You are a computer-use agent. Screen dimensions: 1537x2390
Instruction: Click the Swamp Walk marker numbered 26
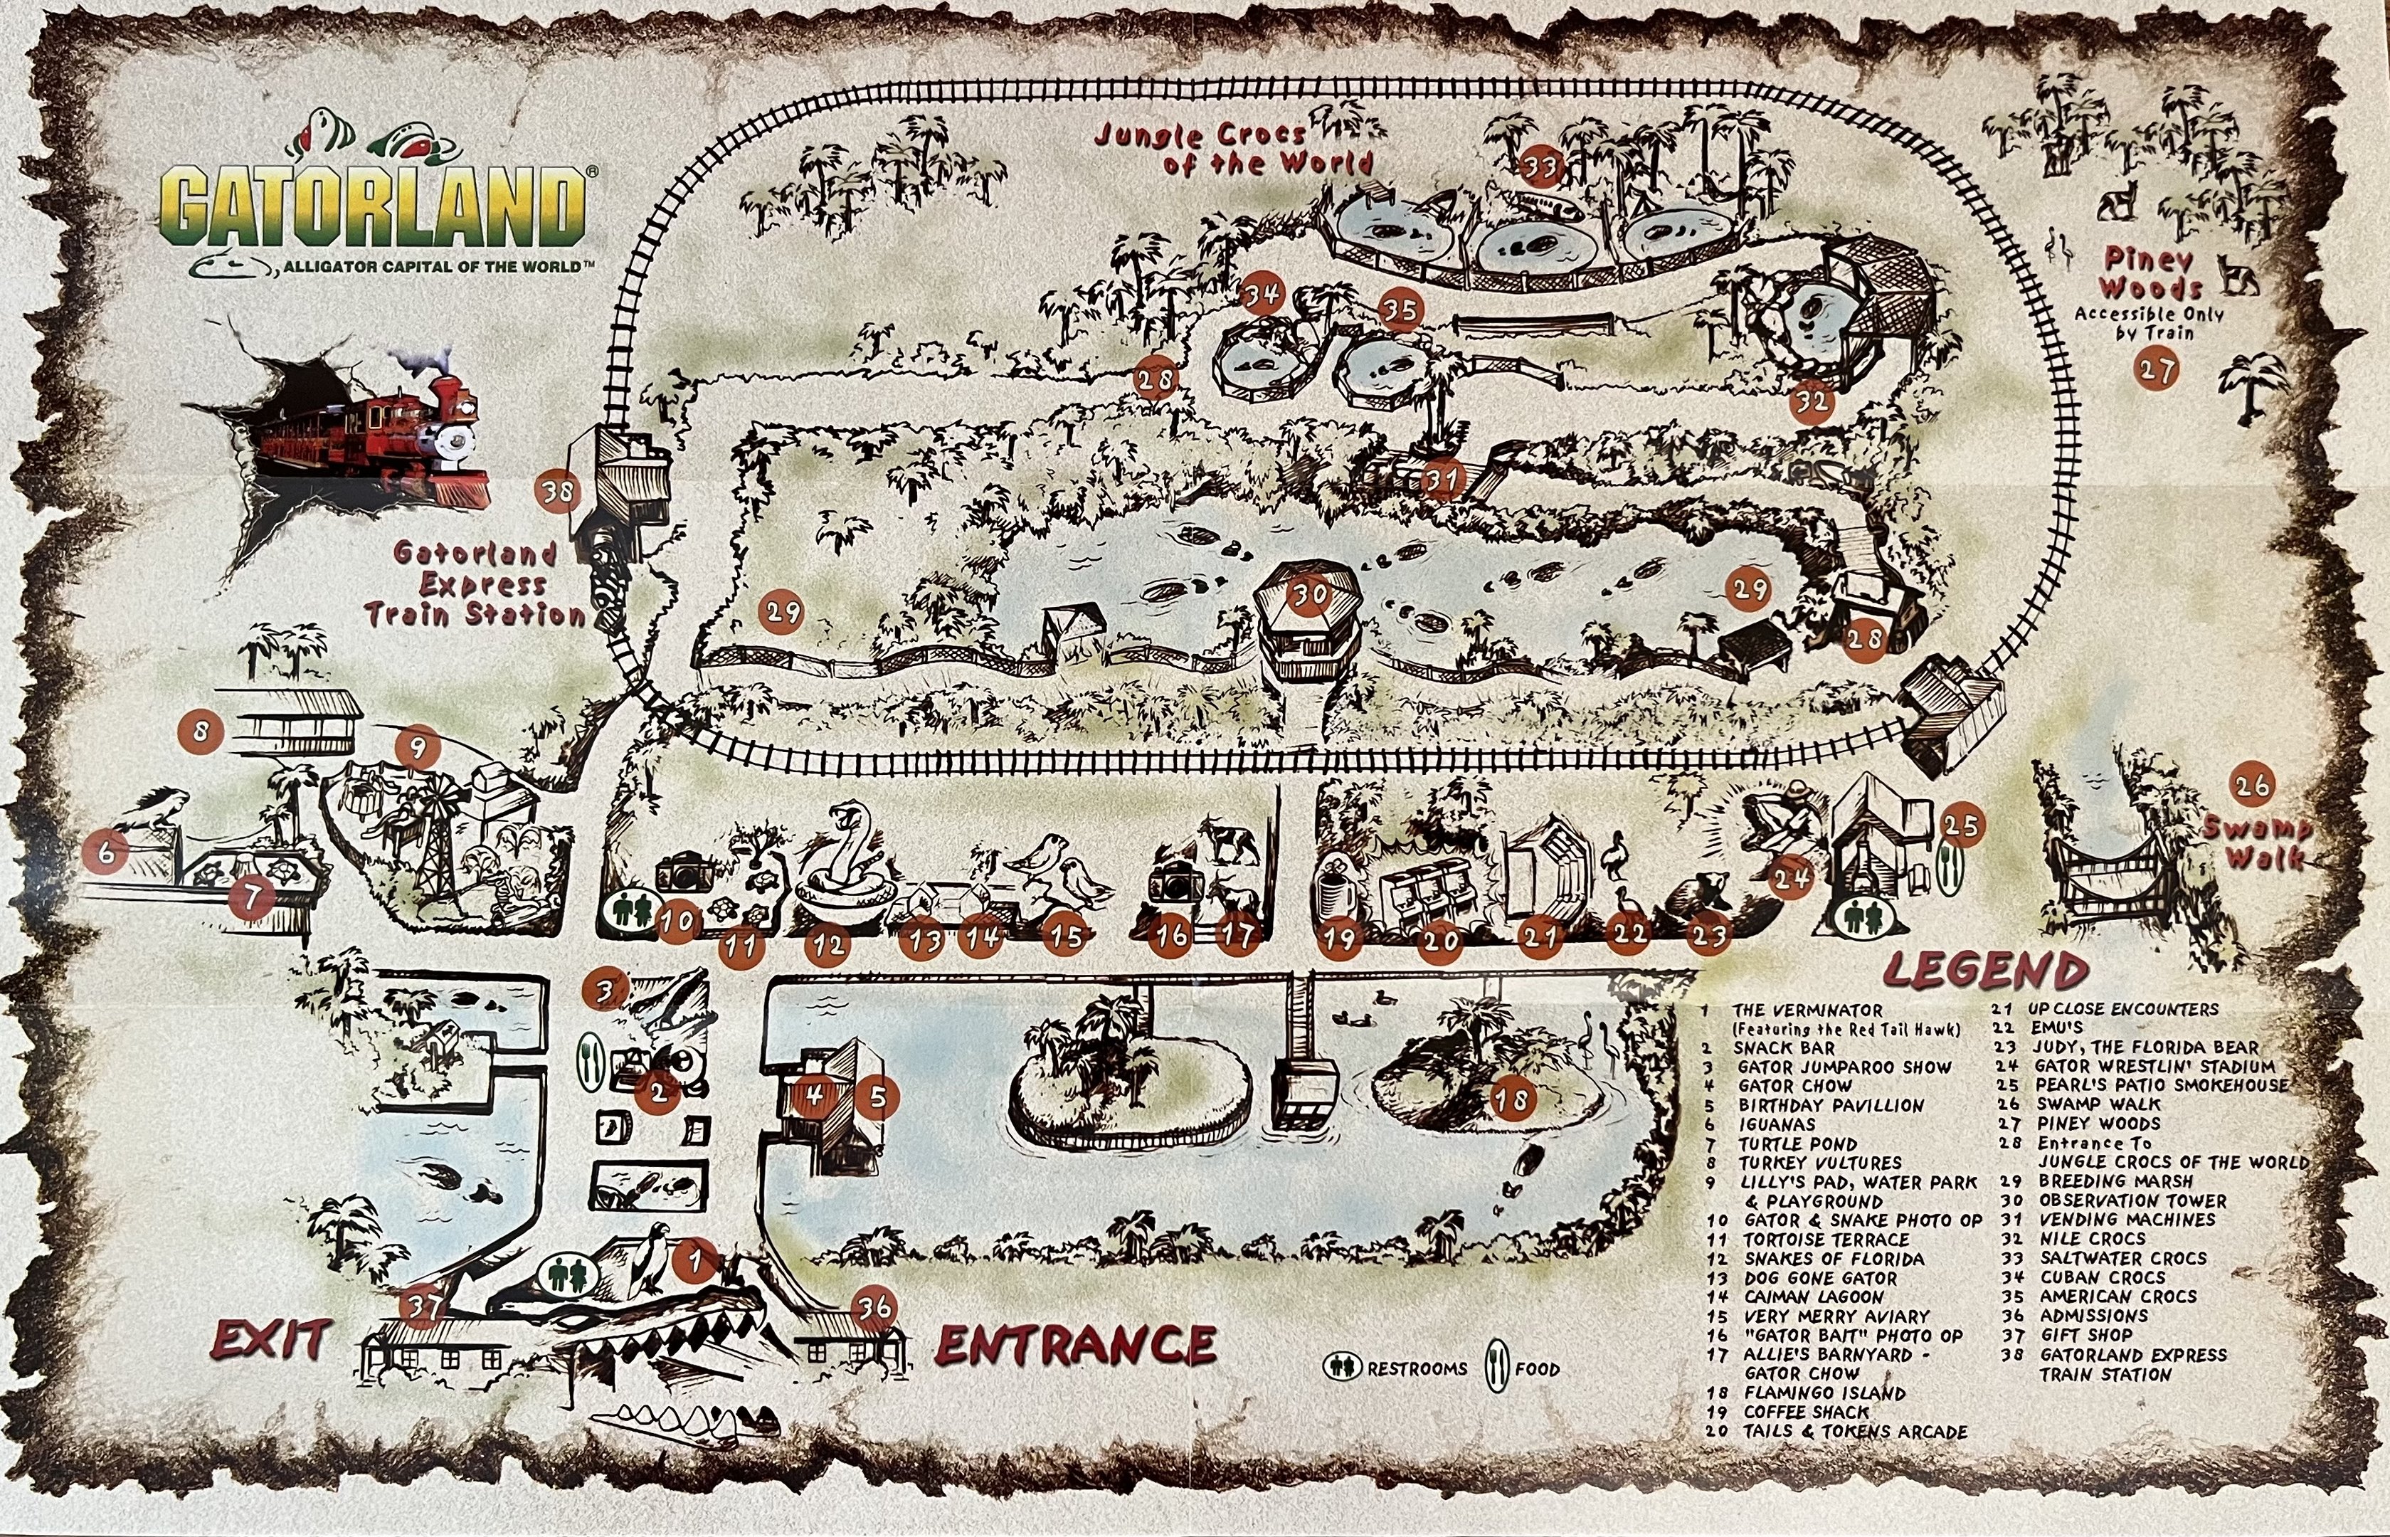[x=2252, y=786]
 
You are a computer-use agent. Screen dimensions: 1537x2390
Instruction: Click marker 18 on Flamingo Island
[x=1512, y=1100]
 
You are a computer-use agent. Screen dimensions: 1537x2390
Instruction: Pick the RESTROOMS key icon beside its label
[x=1343, y=1368]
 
